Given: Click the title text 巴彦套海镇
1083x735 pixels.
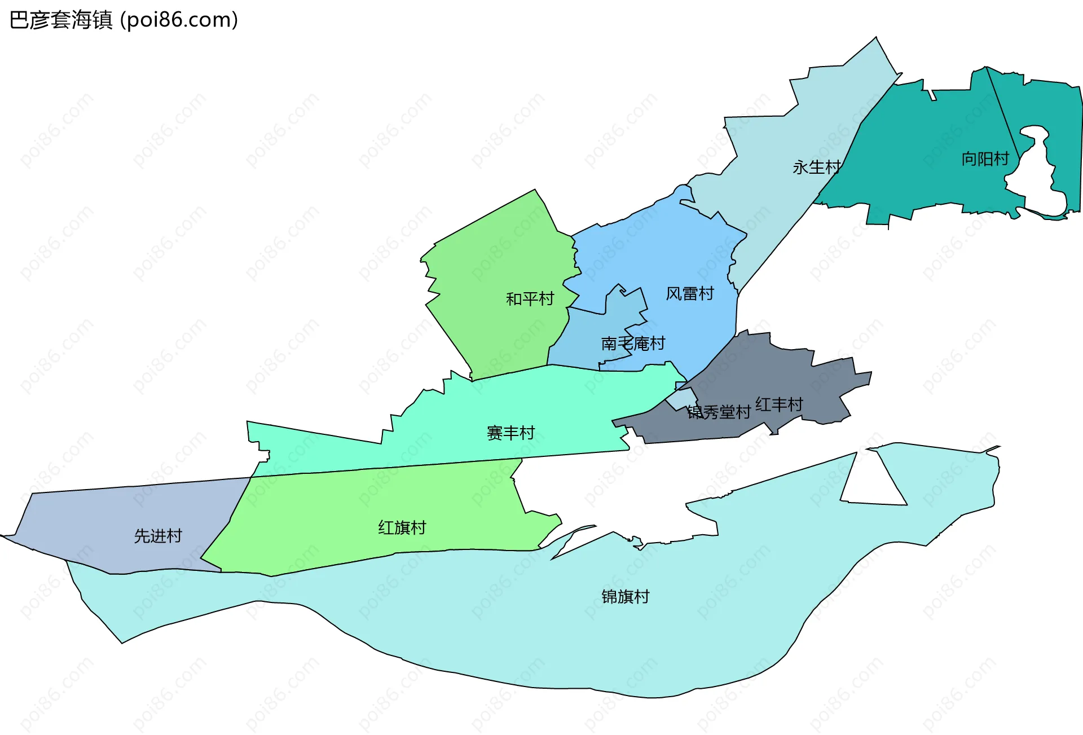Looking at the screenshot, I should click(61, 20).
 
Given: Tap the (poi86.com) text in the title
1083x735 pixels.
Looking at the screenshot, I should click(179, 20).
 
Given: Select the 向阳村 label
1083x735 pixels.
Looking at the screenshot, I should click(985, 159).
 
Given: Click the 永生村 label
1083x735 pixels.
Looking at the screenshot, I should click(816, 168).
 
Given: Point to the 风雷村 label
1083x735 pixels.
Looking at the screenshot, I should click(690, 294).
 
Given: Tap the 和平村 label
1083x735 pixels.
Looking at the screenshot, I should click(530, 299).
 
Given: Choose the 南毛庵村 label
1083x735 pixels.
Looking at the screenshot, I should click(633, 344).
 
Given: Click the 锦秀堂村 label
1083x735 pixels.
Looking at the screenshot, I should click(719, 412).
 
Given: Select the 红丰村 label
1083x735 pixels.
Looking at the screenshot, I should click(779, 404).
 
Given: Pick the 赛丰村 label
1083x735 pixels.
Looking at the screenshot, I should click(510, 433).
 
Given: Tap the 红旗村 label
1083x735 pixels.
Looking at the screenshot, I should click(402, 528).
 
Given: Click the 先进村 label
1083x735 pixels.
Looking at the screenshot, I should click(158, 536).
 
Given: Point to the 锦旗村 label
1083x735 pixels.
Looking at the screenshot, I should click(626, 597).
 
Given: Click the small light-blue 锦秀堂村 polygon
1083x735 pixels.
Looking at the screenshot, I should click(681, 398).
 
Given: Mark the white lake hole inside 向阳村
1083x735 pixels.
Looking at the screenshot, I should click(1038, 181).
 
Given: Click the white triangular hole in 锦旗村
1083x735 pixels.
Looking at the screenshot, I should click(871, 485).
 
